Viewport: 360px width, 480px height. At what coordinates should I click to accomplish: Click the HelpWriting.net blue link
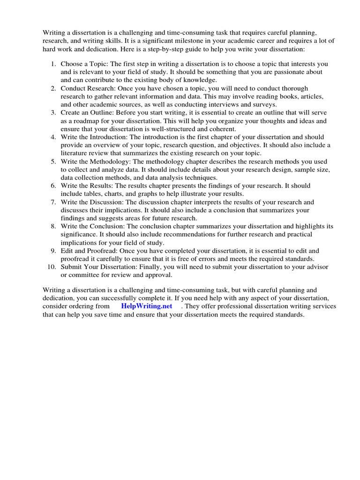[146, 306]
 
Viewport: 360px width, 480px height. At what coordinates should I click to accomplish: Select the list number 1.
[53, 63]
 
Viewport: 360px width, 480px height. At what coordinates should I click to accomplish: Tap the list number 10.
[52, 267]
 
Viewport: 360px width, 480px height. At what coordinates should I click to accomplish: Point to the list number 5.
[53, 161]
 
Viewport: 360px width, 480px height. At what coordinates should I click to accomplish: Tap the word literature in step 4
[76, 153]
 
